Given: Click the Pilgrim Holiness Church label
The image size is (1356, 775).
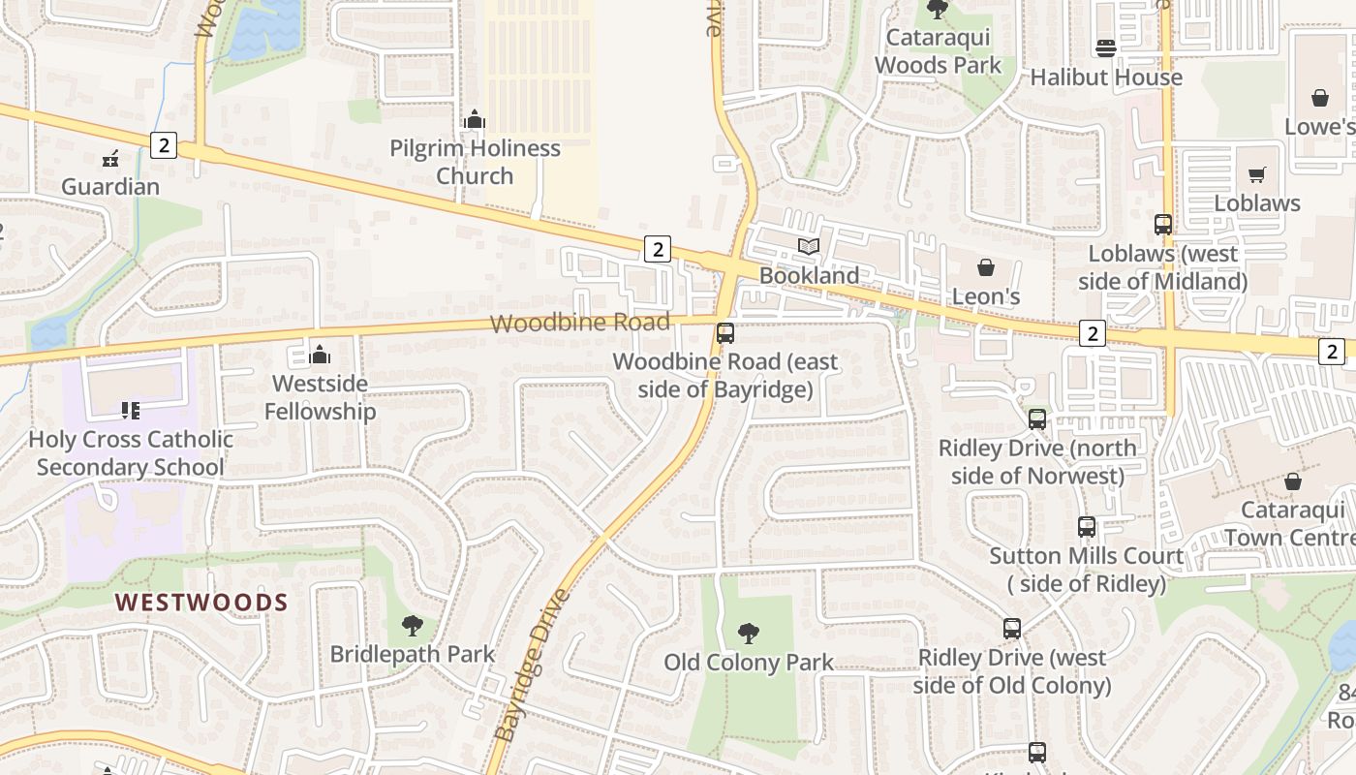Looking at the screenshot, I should click(475, 162).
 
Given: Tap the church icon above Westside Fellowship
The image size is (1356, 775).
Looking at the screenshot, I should click(320, 355).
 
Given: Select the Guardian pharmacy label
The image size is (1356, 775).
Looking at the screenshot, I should click(110, 186).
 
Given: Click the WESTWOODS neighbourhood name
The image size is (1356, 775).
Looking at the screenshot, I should click(201, 603).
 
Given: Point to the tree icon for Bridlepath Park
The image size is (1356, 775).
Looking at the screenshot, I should click(413, 626).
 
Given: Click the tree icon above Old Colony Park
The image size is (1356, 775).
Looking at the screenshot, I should click(748, 634).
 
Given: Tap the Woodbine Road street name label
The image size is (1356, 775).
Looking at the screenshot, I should click(579, 323).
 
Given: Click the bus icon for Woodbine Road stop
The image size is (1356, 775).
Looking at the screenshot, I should click(725, 333).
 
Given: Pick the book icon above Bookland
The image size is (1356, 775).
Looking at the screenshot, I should click(809, 246).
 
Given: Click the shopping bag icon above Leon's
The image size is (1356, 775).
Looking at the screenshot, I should click(986, 266).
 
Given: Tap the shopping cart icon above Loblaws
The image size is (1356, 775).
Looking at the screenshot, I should click(1257, 174).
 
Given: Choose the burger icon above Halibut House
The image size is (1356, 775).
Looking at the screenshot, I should click(1106, 47).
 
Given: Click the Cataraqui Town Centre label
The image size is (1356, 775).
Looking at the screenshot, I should click(1292, 523).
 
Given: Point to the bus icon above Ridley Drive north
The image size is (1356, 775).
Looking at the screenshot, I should click(1037, 419).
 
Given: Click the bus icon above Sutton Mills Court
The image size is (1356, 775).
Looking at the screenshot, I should click(1087, 527).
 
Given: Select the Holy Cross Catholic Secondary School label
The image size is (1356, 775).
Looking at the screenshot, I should click(131, 452).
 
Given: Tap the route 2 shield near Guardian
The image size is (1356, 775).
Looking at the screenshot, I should click(164, 145).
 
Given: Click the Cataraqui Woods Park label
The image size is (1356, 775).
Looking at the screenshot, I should click(938, 51).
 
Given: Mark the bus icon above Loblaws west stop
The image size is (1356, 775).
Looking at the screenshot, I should click(1163, 225).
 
